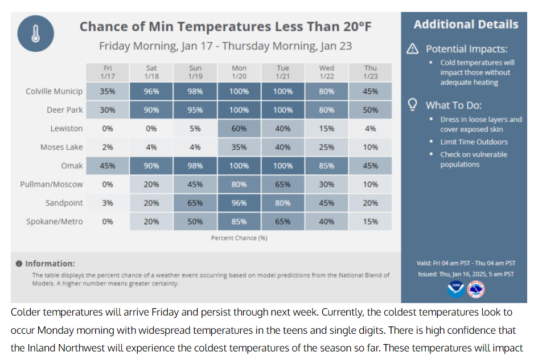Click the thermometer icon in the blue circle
[x=35, y=34]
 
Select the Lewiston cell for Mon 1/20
[x=239, y=129]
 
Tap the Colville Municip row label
[x=54, y=91]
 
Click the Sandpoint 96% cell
[x=239, y=203]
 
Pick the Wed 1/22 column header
[x=327, y=72]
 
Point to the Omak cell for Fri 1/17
[x=108, y=166]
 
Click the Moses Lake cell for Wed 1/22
[x=327, y=147]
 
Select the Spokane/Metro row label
[x=54, y=222]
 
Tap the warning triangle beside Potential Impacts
[x=413, y=49]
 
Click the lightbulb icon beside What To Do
[x=413, y=105]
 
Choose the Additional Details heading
[x=466, y=24]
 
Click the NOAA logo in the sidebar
[x=455, y=289]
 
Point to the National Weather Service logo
[x=476, y=289]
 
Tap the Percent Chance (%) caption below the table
[x=239, y=238]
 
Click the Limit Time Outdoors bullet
[x=474, y=142]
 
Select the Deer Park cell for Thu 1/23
[x=371, y=110]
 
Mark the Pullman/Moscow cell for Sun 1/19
[x=195, y=185]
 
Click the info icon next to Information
[x=19, y=264]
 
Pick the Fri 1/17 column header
[x=108, y=72]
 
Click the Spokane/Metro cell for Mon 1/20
[x=239, y=222]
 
